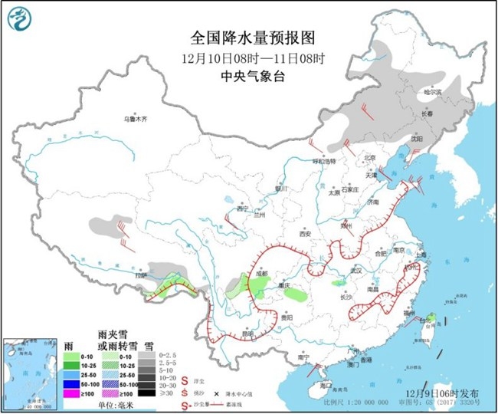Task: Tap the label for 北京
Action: [x=371, y=158]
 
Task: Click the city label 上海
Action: [x=419, y=254]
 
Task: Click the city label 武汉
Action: [x=354, y=271]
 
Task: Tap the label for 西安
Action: [x=308, y=233]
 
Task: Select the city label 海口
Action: [x=326, y=384]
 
